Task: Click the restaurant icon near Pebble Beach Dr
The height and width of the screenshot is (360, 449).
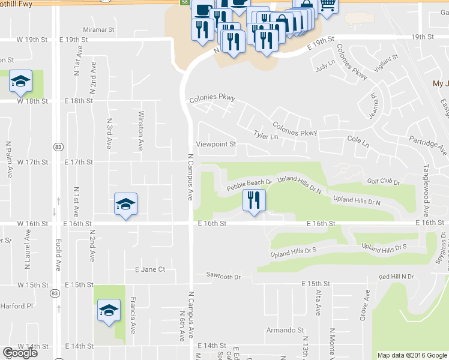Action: point(255,200)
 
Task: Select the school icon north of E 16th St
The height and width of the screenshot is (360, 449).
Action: point(126,204)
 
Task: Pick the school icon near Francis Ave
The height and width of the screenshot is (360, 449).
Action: point(109,310)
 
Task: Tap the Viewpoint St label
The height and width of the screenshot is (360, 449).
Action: point(216,145)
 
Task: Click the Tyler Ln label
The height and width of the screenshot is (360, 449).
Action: point(266,136)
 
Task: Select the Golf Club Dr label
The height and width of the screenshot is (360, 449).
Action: point(382,182)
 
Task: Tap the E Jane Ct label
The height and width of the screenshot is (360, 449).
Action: point(150,269)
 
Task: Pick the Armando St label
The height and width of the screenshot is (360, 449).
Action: point(285,330)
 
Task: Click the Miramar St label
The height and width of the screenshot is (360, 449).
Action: point(99,29)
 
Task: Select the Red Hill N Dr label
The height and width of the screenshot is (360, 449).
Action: point(396,277)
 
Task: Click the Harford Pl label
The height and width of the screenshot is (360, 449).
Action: point(16,305)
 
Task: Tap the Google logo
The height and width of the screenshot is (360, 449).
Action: point(20,353)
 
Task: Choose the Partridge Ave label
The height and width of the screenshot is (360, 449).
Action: point(427,147)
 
